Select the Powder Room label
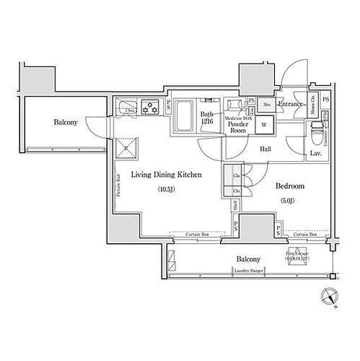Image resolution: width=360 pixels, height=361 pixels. point(238,128)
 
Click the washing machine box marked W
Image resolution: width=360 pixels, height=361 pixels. point(263,123)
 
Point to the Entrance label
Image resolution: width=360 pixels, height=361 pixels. point(290,105)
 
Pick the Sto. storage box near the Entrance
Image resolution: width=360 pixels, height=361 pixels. point(266,105)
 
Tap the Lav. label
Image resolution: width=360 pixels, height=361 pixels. point(315,153)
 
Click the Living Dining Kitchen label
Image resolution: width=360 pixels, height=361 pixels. point(165,175)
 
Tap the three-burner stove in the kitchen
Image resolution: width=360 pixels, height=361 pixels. point(151,106)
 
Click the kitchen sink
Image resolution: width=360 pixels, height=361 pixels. point(126,106)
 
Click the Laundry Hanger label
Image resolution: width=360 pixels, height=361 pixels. point(248,271)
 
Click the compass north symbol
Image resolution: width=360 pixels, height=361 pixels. point(330,296)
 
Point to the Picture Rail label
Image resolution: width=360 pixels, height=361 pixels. point(117,186)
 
